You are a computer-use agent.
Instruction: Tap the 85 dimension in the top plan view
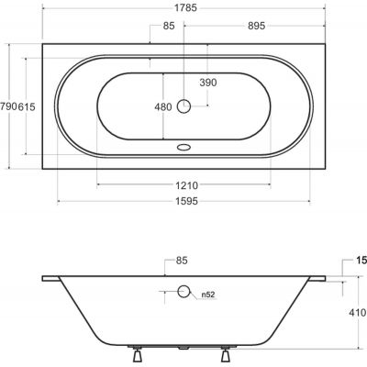tap(168, 26)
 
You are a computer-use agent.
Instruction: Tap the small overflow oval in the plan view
tap(184, 144)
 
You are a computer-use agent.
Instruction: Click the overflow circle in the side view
tap(184, 292)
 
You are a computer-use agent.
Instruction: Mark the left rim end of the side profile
tap(44, 278)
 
